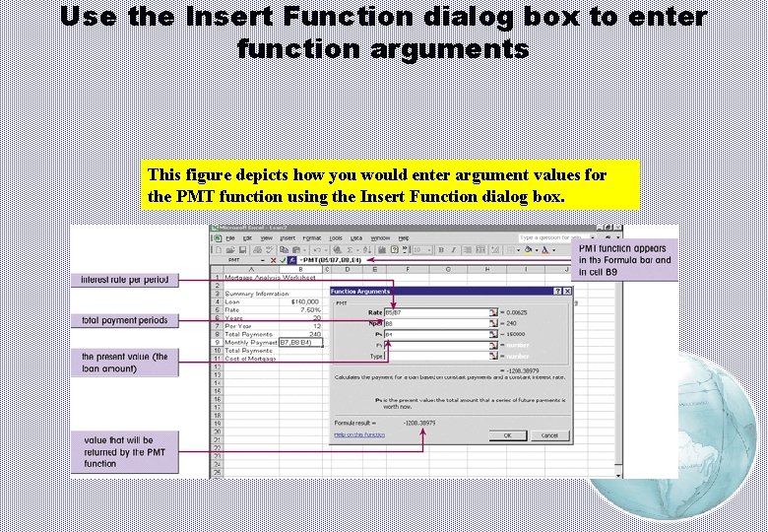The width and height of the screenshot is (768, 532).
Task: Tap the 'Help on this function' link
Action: (x=359, y=434)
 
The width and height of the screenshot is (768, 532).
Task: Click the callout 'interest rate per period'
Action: (x=124, y=280)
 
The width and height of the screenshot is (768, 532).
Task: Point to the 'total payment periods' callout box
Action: (x=124, y=320)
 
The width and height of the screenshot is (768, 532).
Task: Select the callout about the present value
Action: (x=124, y=363)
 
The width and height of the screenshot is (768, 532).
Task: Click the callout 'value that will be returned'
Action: (x=124, y=452)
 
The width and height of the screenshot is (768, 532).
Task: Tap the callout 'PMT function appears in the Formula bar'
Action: (x=625, y=260)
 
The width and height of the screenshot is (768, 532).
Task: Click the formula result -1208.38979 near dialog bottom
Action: (x=419, y=423)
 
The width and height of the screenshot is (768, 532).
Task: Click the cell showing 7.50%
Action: (x=307, y=309)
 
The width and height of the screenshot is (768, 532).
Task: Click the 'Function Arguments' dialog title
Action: (x=360, y=292)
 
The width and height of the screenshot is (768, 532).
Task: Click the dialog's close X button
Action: (x=567, y=292)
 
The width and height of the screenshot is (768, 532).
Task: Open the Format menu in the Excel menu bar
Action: (x=311, y=237)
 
